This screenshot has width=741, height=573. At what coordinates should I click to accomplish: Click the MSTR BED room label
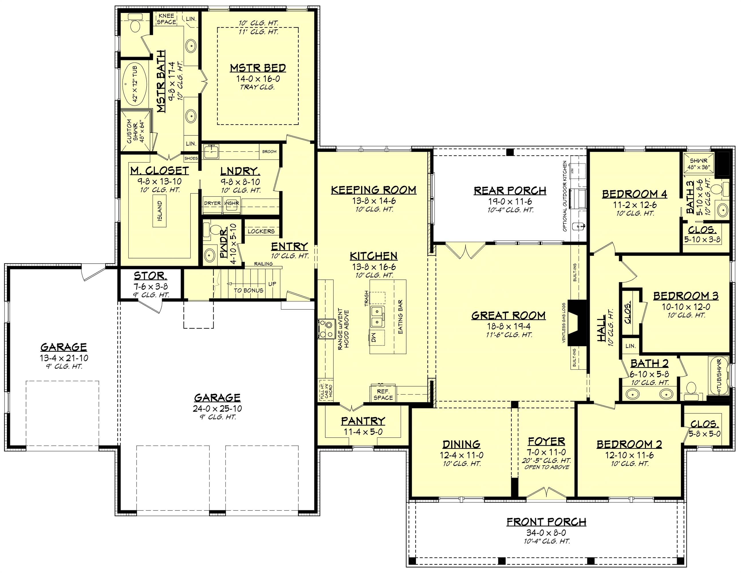(258, 68)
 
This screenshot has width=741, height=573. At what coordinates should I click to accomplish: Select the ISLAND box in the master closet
(160, 211)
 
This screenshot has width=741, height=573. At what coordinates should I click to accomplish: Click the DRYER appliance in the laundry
(212, 203)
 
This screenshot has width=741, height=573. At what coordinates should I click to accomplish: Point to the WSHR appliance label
(232, 203)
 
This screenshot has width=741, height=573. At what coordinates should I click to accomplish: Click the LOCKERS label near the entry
(261, 231)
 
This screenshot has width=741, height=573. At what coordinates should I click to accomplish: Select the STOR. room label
(150, 276)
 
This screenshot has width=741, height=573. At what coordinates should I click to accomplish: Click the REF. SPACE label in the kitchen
(383, 395)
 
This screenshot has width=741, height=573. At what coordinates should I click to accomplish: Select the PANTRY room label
(363, 421)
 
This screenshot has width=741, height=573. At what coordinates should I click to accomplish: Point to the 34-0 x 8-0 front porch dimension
(546, 533)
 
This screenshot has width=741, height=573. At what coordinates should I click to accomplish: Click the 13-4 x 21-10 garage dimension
(64, 358)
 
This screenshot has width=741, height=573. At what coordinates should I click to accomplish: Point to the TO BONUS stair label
(248, 290)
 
